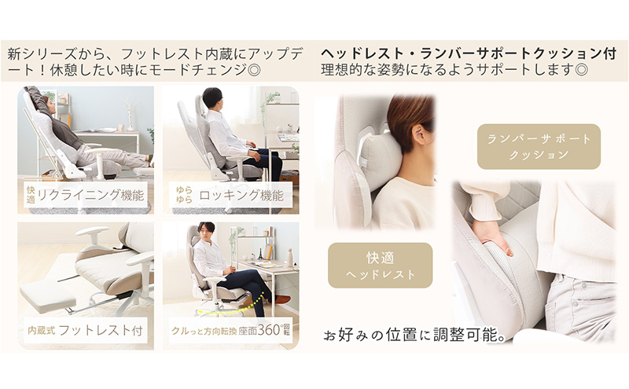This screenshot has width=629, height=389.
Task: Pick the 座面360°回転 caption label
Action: click(x=233, y=331)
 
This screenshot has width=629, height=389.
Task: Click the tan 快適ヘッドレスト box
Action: click(x=380, y=265)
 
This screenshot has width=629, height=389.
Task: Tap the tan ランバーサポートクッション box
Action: click(x=539, y=146)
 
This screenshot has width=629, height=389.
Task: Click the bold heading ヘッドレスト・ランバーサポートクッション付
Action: click(x=468, y=54)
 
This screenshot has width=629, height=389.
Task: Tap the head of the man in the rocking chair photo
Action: click(x=212, y=98)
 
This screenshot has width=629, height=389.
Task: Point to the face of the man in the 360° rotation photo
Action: click(x=206, y=233)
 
